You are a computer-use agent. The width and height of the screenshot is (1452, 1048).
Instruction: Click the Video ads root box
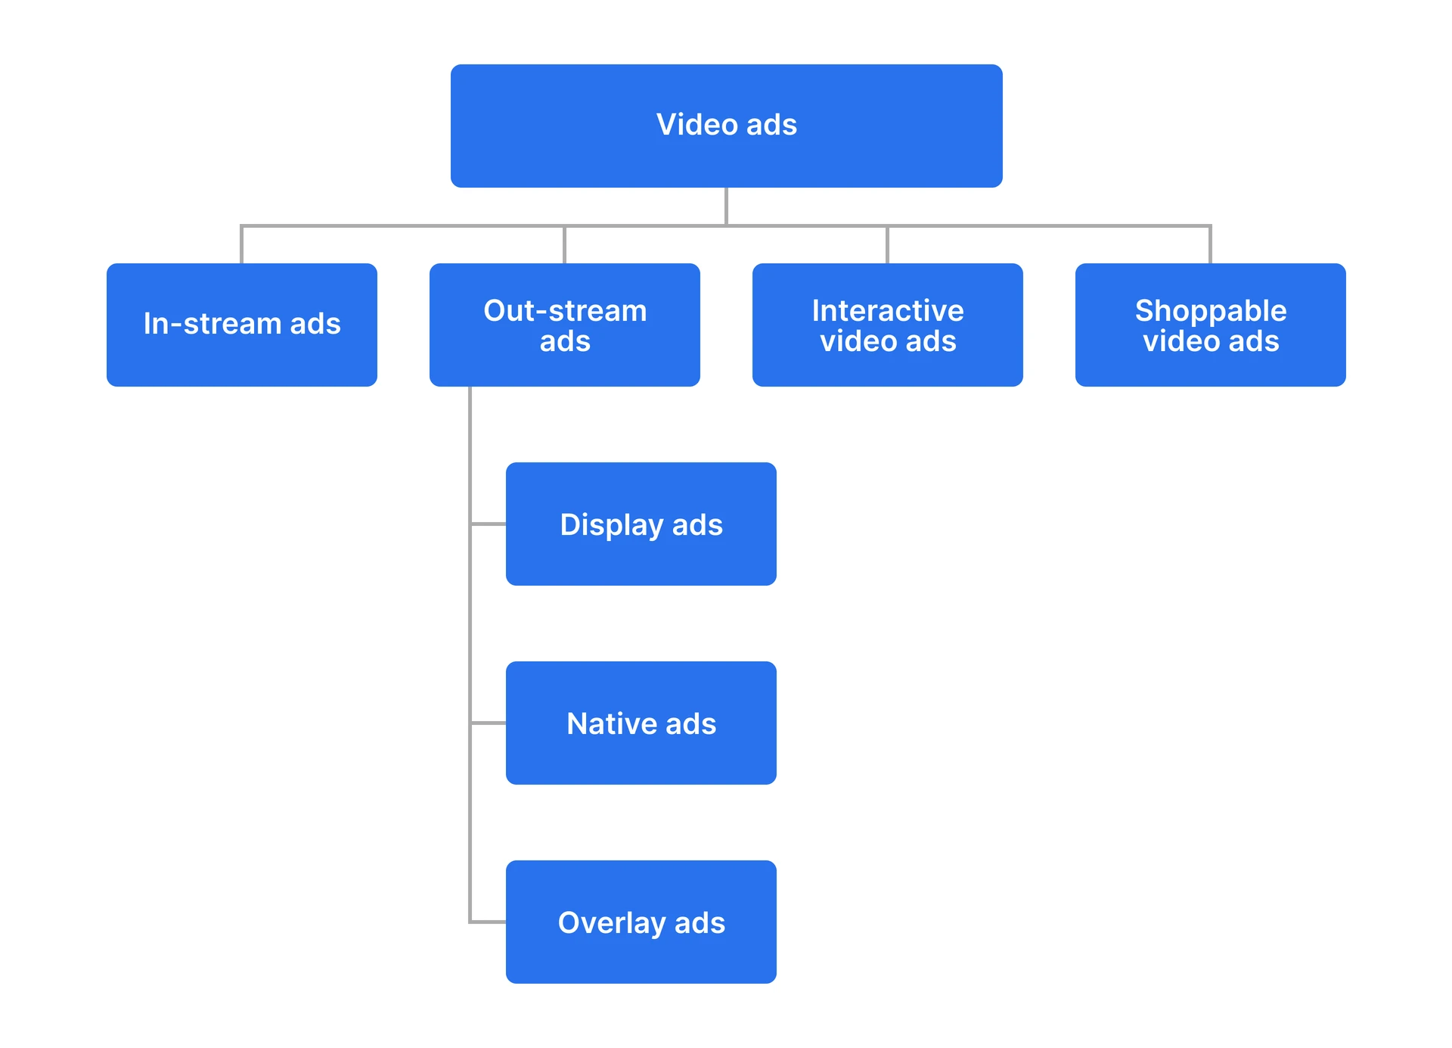726,126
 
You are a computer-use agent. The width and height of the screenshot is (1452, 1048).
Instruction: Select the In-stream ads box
241,325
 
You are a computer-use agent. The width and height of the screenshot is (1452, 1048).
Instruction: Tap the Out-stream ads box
564,325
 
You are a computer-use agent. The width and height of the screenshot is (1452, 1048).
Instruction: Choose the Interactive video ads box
887,325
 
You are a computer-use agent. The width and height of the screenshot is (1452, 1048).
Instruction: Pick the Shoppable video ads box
1210,325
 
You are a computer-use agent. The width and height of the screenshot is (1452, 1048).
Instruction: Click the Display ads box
641,524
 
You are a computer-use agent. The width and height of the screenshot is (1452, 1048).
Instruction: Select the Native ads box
641,723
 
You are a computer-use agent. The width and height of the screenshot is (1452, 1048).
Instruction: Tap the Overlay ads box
641,922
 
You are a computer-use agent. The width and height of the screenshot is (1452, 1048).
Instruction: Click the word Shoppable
1210,311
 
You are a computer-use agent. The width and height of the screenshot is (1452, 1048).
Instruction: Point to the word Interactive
887,311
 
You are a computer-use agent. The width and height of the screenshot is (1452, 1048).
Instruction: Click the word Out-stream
564,311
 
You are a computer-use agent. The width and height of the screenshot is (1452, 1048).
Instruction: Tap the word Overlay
611,922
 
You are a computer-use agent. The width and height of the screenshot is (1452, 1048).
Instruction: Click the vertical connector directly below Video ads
726,206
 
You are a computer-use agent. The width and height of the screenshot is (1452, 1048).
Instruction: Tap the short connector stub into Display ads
489,524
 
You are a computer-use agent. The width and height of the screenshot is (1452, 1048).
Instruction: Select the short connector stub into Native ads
489,723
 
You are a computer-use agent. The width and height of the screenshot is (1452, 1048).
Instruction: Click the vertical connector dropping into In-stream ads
241,245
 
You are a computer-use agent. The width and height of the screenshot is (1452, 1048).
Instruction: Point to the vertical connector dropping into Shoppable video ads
1210,245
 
